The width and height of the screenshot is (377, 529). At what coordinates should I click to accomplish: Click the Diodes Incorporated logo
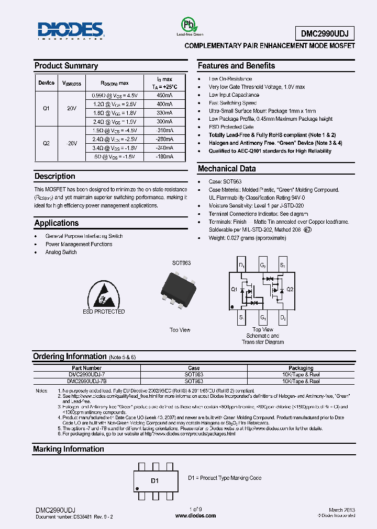(x=71, y=31)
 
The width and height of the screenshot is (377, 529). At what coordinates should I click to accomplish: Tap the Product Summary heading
(x=66, y=66)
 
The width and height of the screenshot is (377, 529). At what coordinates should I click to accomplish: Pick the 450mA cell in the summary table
(x=164, y=96)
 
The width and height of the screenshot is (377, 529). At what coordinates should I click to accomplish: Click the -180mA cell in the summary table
(x=164, y=157)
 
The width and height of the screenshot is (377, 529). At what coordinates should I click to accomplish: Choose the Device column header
(x=46, y=83)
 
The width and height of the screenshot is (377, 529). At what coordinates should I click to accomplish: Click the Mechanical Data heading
(x=227, y=169)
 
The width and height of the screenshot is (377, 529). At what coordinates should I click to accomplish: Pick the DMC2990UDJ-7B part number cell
(x=86, y=381)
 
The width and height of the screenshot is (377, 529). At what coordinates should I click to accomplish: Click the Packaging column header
(x=301, y=368)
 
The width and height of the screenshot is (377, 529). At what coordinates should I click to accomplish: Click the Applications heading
(x=57, y=223)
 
